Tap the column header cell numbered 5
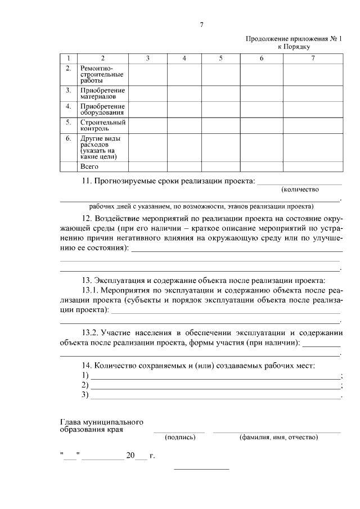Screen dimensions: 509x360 (220, 58)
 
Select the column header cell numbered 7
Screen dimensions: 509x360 (313, 58)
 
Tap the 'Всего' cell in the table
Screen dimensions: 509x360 (89, 166)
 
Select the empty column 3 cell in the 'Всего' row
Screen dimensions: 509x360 (147, 166)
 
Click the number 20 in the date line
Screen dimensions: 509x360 (130, 456)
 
